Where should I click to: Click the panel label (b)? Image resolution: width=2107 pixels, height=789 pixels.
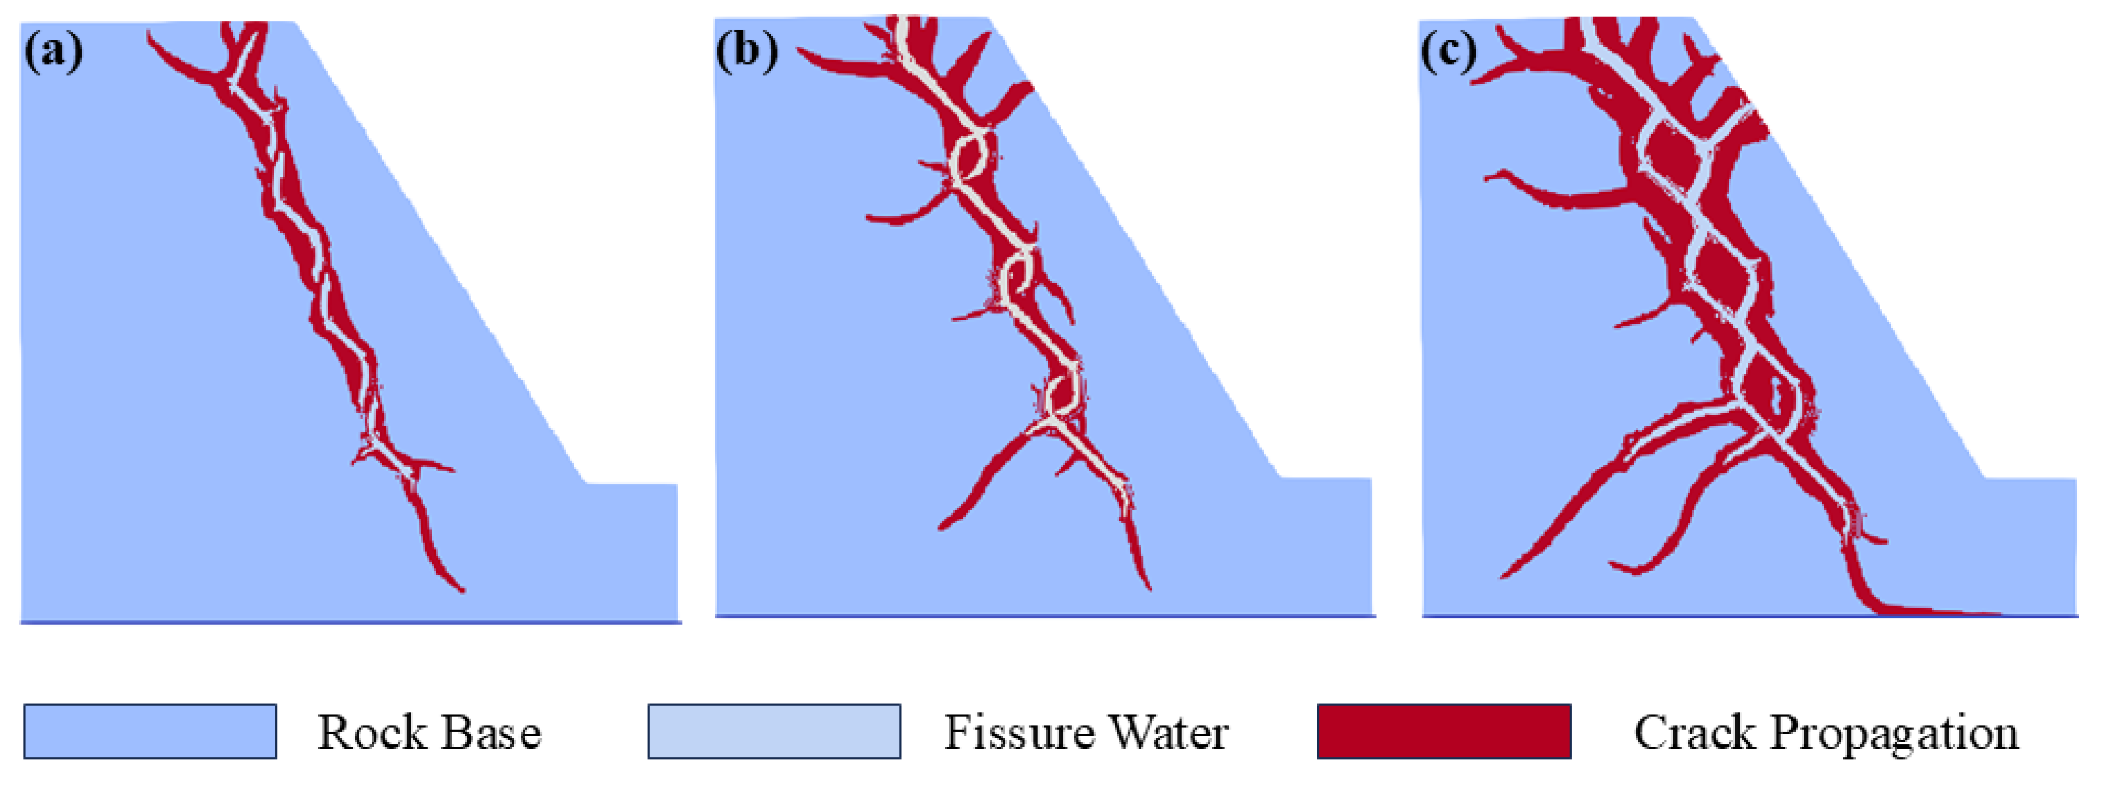click(746, 51)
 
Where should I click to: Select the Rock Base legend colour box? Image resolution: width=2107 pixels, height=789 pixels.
click(150, 731)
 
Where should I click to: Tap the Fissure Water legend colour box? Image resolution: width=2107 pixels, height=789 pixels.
click(774, 731)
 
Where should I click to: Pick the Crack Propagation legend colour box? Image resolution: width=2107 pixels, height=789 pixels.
click(1444, 731)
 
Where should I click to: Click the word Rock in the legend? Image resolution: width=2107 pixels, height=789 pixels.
click(369, 732)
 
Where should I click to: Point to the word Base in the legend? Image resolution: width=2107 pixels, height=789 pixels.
click(491, 732)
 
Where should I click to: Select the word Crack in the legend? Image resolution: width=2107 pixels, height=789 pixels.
click(1693, 732)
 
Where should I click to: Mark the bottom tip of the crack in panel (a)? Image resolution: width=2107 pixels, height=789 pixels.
click(462, 589)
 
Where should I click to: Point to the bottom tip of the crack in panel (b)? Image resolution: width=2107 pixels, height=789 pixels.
click(1148, 587)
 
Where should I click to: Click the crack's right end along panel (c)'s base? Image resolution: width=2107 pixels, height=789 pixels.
click(1996, 613)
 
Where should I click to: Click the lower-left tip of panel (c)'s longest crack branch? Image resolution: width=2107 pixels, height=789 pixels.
click(1504, 576)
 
